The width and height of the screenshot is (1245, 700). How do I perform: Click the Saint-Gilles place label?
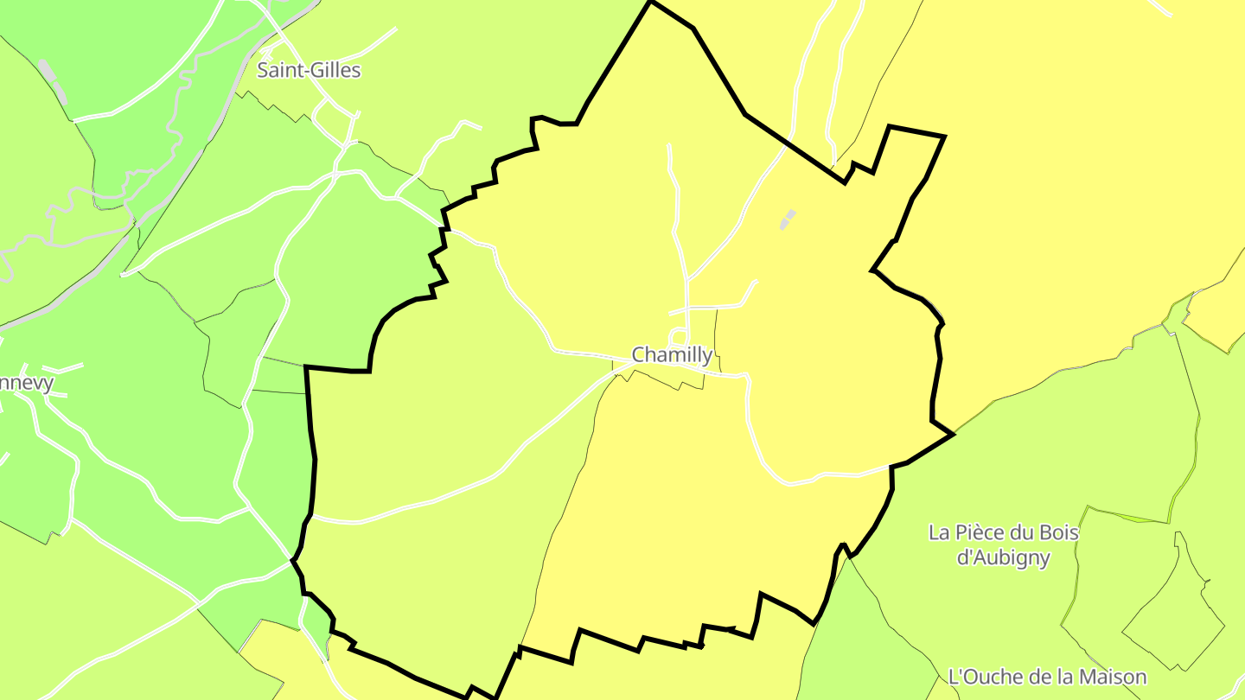coord(309,71)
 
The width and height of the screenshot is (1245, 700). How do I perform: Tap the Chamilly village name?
coord(672,354)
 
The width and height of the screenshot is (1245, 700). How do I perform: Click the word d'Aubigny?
coord(1003,557)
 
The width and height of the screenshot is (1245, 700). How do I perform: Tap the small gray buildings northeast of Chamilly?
coord(787,220)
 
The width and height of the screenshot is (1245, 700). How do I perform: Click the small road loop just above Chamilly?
coord(680,337)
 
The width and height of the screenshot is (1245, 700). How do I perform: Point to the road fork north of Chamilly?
coord(688,280)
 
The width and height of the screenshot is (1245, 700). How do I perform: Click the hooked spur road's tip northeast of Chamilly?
coord(757,281)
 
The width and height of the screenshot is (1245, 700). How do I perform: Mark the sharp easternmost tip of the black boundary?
coord(954,434)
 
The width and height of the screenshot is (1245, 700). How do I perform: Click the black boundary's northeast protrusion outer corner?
coord(944,137)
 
